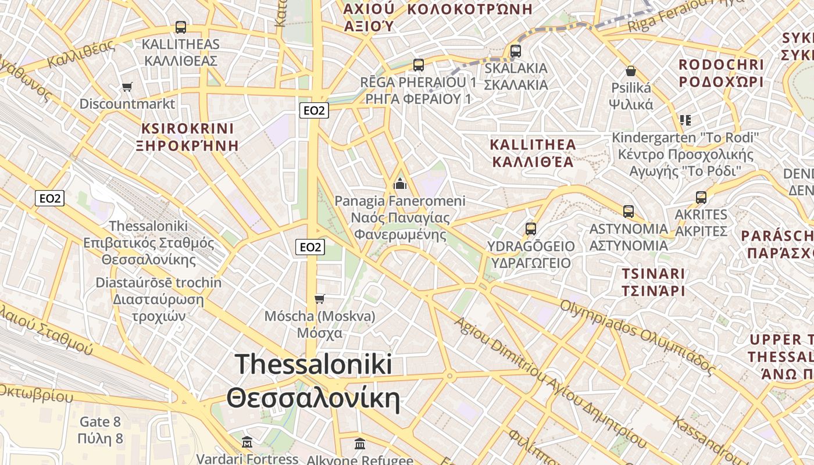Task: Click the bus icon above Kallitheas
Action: tap(181, 27)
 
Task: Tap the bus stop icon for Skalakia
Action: tap(516, 51)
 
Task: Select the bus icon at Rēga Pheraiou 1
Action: tap(418, 65)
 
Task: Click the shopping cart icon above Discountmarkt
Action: tap(127, 87)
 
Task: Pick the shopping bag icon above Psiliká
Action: tap(631, 71)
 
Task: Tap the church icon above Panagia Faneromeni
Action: tap(400, 184)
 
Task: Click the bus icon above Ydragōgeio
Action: tap(531, 228)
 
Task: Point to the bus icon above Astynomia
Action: tap(629, 211)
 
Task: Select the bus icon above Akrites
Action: tap(701, 197)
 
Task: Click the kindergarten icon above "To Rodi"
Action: tap(686, 120)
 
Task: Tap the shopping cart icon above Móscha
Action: tap(319, 299)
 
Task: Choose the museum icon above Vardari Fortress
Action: tap(247, 442)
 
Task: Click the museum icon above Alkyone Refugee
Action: tap(360, 444)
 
